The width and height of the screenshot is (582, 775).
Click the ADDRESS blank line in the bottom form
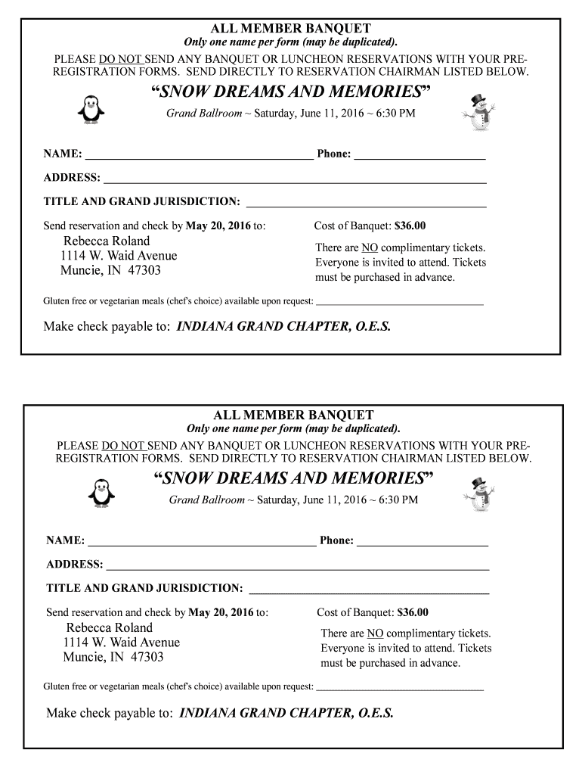298,567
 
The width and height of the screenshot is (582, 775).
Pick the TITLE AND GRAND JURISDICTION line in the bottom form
369,591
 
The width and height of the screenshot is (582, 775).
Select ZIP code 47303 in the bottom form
147,657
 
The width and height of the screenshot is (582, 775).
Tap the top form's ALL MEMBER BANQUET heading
290,29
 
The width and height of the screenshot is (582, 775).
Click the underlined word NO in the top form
370,248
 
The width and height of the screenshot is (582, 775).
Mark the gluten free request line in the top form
399,303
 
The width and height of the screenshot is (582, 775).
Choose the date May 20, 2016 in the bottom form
221,612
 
